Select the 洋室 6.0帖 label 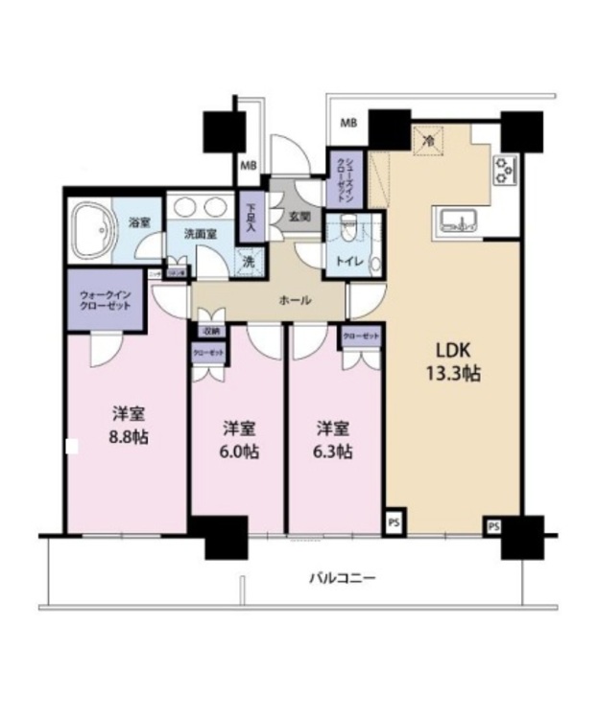pyautogui.click(x=236, y=437)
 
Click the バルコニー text pyautogui.click(x=342, y=578)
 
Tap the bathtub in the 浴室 pyautogui.click(x=94, y=231)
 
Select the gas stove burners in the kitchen pyautogui.click(x=505, y=170)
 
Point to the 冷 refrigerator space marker pyautogui.click(x=430, y=140)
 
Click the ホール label pyautogui.click(x=294, y=300)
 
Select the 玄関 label pyautogui.click(x=299, y=217)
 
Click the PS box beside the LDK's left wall pyautogui.click(x=394, y=522)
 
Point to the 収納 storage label pyautogui.click(x=210, y=331)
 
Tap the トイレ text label pyautogui.click(x=347, y=261)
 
